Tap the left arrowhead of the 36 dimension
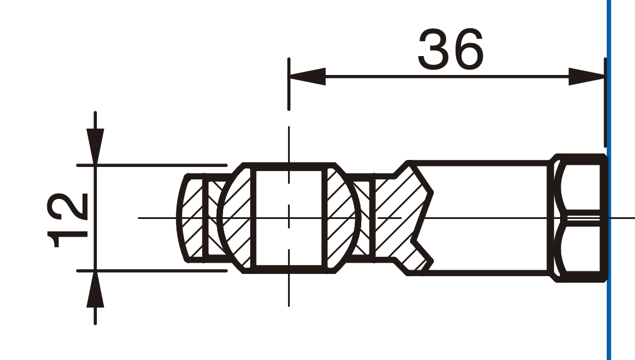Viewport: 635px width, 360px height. [x=307, y=77]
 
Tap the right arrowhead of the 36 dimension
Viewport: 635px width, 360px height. [x=587, y=77]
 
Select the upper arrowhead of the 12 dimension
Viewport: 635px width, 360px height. [x=95, y=146]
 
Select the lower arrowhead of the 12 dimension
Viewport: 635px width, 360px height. [x=95, y=289]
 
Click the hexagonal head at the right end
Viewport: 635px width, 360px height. [x=578, y=218]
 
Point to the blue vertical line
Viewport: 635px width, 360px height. [x=608, y=180]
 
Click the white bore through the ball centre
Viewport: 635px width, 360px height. [x=289, y=218]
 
